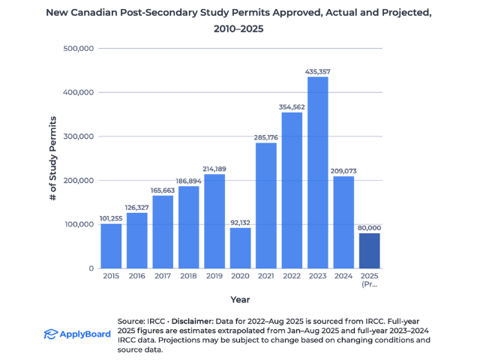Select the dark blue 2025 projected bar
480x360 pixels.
[x=369, y=250]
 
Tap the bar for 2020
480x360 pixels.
[x=240, y=247]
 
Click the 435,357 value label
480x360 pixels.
[x=317, y=71]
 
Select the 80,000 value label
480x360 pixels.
[x=369, y=227]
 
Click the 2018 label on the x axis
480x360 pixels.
[x=188, y=277]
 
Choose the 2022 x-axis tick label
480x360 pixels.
[x=292, y=277]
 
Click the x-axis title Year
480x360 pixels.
[x=240, y=300]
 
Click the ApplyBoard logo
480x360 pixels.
[x=75, y=334]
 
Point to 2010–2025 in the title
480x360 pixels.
[x=240, y=30]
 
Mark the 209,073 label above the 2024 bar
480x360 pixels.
[x=343, y=171]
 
